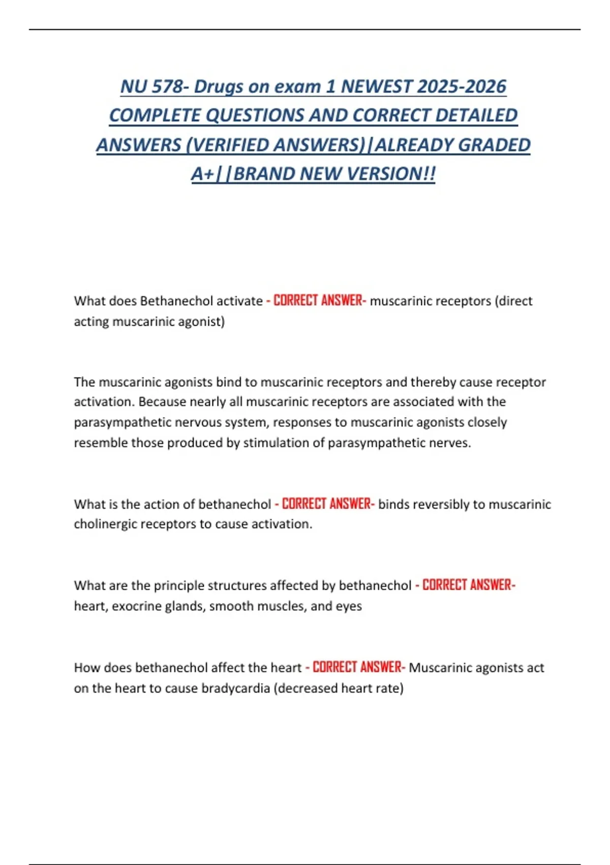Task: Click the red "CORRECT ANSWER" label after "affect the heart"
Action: click(358, 667)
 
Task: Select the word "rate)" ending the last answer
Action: click(389, 688)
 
